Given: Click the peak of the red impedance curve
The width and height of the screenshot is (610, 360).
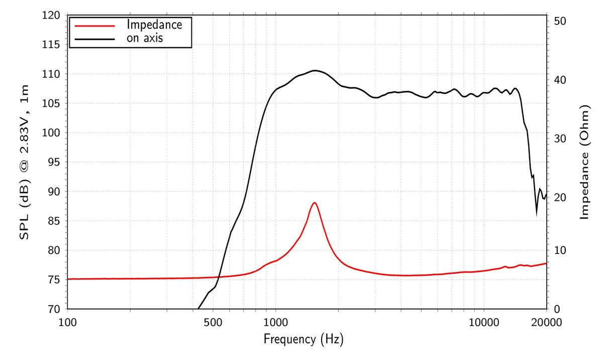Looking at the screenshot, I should point(315,203).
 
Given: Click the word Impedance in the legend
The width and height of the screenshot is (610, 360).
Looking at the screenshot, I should point(154,24).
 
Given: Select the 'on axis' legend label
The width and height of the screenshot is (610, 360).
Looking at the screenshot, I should point(145,38).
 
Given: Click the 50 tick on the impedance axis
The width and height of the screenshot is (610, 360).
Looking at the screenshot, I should point(560,21).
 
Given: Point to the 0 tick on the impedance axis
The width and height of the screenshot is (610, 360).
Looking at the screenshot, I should point(557,309).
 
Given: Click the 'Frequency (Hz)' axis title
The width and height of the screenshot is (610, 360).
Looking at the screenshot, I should point(303,339).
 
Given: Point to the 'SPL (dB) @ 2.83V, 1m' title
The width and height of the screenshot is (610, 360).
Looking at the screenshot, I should point(24,162).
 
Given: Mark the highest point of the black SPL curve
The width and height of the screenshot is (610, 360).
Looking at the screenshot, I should point(315,70).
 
